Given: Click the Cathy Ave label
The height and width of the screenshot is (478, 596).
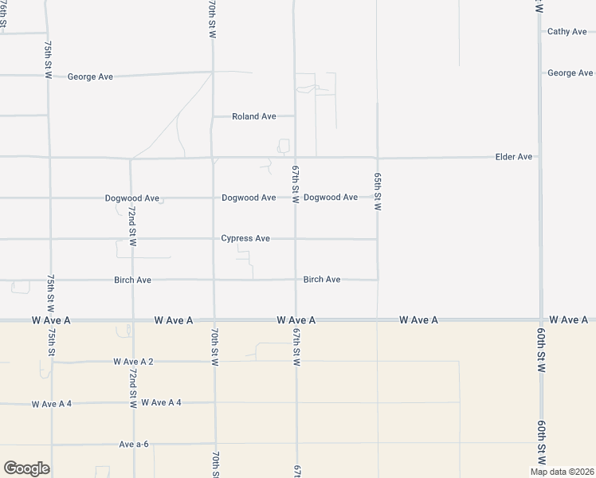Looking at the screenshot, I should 567,32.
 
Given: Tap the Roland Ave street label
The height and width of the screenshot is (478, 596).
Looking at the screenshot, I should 253,116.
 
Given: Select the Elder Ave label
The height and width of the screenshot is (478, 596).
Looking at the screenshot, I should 513,157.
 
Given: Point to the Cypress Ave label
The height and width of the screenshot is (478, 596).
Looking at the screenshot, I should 245,238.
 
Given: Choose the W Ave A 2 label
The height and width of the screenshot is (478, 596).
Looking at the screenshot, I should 133,362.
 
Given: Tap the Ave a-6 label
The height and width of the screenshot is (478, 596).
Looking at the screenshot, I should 134,444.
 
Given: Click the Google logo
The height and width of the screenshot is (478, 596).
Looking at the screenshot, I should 26,468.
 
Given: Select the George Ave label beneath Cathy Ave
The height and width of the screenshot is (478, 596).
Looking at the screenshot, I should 570,73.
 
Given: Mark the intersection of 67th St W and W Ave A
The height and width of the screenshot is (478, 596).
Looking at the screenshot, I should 296,320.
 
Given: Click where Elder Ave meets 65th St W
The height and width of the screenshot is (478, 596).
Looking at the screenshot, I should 377,158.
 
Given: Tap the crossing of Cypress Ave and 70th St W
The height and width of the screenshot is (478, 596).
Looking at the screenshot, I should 213,238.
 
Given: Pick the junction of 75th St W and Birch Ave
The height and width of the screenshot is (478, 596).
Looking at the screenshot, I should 50,280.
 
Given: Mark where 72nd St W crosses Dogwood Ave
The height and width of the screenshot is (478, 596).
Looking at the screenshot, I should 131,198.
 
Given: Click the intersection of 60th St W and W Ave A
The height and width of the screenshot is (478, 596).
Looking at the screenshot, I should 541,320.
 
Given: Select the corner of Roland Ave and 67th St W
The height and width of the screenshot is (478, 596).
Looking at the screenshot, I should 296,116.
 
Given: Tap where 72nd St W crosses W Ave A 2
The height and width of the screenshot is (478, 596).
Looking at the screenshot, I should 132,362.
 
